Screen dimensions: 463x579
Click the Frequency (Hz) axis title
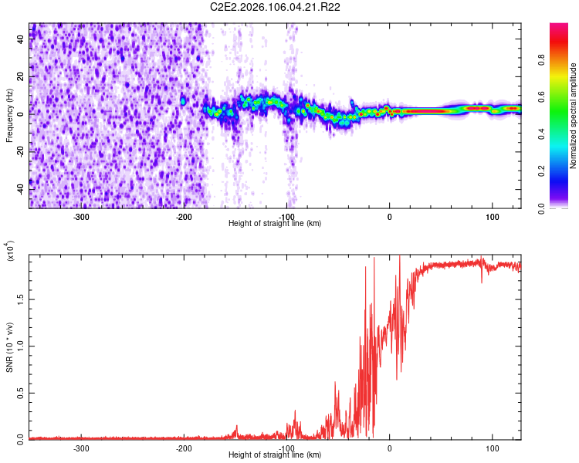click(9, 115)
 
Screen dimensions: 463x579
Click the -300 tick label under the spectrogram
click(81, 217)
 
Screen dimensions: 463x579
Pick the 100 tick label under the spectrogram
click(492, 217)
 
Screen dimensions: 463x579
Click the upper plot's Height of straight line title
click(275, 224)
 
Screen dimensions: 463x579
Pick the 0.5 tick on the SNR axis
click(20, 392)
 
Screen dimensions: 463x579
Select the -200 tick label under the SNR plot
click(184, 448)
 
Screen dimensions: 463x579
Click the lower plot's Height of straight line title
click(275, 455)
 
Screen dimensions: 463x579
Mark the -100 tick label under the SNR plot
click(286, 448)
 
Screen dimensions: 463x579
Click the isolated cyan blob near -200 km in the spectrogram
click(183, 101)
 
